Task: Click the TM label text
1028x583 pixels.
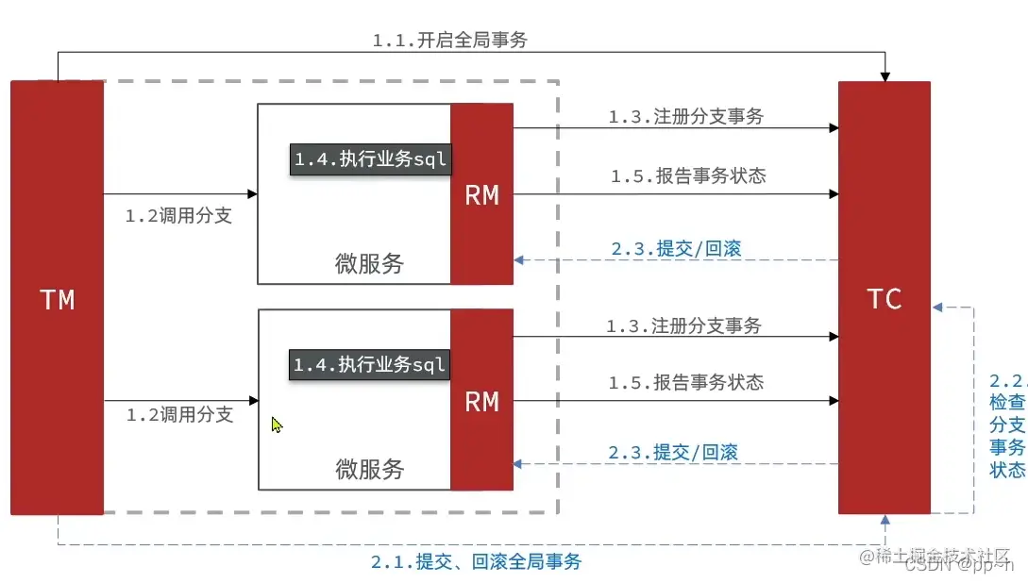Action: pos(57,300)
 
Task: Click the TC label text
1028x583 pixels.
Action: pos(884,299)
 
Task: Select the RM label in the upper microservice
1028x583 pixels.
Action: pos(481,195)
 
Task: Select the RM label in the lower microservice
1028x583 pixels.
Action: pos(481,401)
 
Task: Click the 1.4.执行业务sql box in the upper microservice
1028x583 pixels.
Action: pos(369,159)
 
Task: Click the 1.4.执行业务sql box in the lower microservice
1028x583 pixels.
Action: pos(369,365)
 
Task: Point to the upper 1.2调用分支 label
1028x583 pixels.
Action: pos(178,216)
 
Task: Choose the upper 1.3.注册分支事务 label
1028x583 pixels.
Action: pos(685,117)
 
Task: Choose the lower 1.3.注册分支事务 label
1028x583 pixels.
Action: pos(683,326)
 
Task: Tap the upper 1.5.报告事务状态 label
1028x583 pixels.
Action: pos(687,175)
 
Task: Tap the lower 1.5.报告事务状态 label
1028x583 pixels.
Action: pos(685,382)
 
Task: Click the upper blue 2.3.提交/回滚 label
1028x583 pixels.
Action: pos(676,248)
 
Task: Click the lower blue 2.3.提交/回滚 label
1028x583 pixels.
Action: pos(672,453)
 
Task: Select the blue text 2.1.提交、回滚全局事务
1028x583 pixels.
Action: pos(476,562)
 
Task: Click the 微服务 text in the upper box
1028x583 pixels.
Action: pos(369,263)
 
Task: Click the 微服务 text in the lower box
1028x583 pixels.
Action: pos(369,469)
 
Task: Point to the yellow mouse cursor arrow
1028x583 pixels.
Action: pos(277,425)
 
